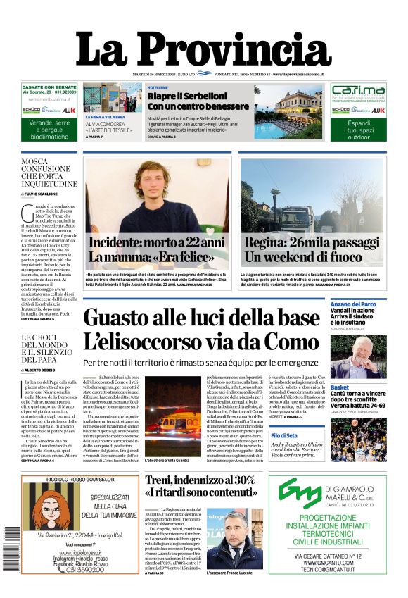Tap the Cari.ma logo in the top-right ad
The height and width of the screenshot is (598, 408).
tap(359, 92)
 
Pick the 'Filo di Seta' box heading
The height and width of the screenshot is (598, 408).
tap(345, 437)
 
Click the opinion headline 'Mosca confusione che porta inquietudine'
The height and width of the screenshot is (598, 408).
tap(49, 173)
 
